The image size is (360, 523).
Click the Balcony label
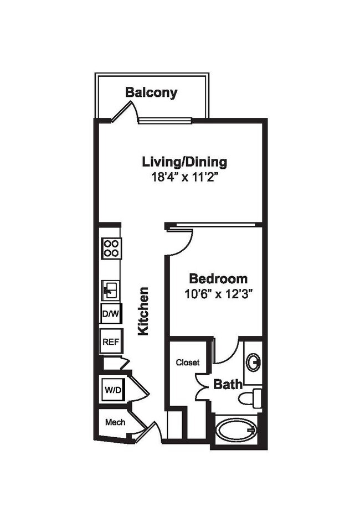(151, 92)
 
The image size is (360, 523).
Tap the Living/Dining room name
(184, 162)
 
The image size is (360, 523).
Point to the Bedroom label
(218, 278)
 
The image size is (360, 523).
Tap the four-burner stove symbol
(111, 247)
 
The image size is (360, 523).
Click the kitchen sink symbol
(110, 289)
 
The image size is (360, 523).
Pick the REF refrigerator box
(111, 341)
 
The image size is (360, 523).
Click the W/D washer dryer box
(113, 389)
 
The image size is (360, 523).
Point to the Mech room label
(115, 422)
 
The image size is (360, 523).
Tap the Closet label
(188, 363)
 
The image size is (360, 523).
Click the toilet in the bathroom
(252, 396)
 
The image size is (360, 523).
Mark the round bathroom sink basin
(254, 363)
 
